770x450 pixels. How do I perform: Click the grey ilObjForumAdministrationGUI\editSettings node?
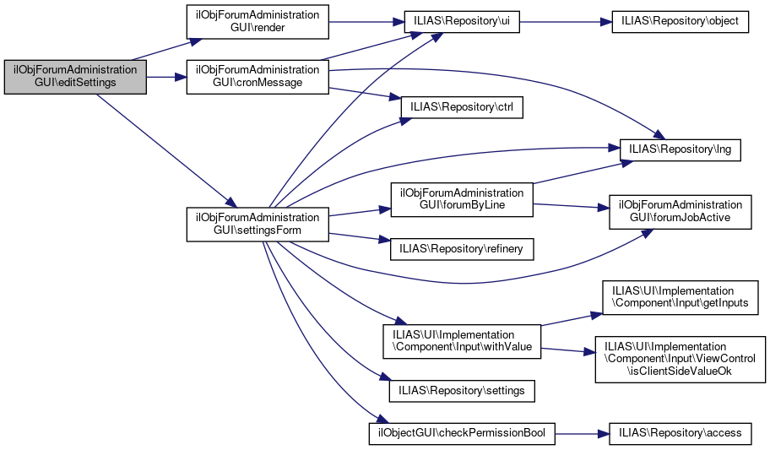(75, 77)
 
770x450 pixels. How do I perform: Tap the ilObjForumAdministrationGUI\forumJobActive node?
(681, 212)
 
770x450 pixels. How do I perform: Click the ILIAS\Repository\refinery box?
(461, 248)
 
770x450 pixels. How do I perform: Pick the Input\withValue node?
(461, 342)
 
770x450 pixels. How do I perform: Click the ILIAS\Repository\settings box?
(461, 391)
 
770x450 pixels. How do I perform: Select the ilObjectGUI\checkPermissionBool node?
(461, 433)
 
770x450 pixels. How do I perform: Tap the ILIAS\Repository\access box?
(681, 433)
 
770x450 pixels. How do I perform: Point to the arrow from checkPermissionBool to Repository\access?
(582, 433)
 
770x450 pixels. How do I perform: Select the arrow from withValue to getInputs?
(570, 319)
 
